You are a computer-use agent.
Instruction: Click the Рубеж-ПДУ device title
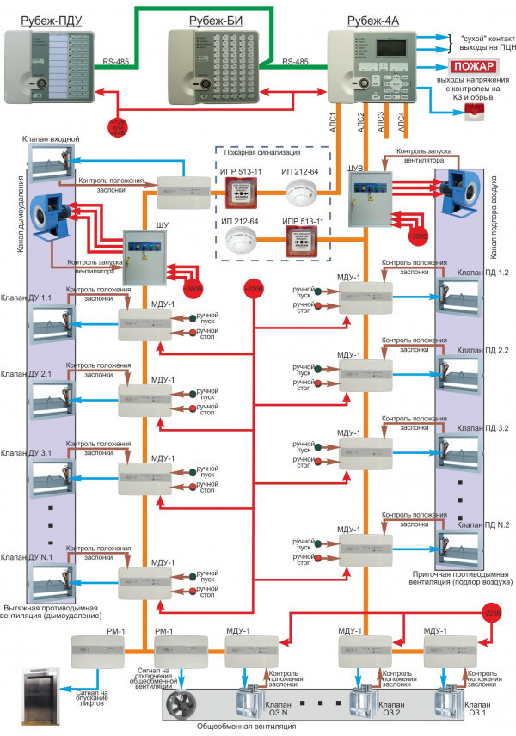click(x=52, y=19)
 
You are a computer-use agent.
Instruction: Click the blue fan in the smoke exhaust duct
click(x=50, y=210)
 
